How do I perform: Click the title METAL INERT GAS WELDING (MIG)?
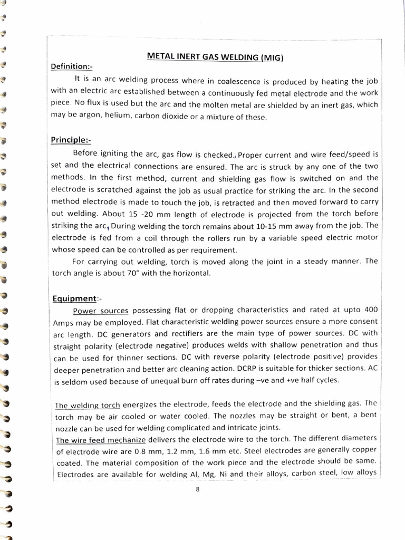tap(215, 56)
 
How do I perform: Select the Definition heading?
tap(71, 66)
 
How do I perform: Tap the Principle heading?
tap(71, 140)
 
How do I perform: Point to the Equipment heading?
tap(74, 298)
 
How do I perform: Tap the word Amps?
tap(65, 322)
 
